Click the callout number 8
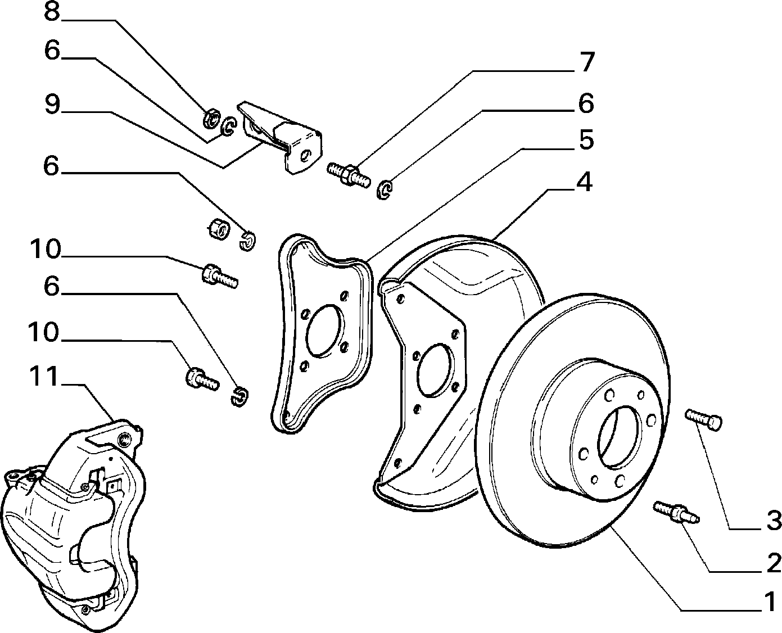click(52, 12)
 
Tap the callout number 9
click(52, 104)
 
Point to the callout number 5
click(586, 140)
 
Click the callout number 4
click(584, 182)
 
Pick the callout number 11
click(44, 376)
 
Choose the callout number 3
click(774, 520)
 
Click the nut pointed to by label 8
click(211, 118)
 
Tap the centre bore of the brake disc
click(620, 437)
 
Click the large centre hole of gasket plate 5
click(326, 331)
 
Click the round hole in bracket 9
click(304, 156)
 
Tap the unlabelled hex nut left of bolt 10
click(218, 229)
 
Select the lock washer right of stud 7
click(385, 189)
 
